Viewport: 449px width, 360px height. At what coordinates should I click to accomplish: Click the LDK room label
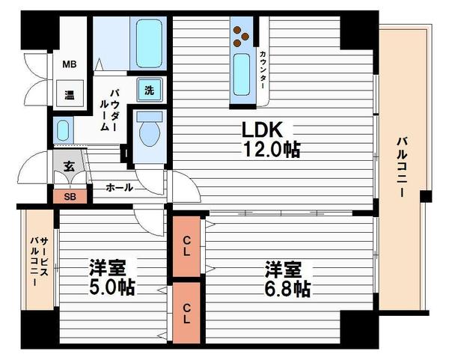[x=263, y=129]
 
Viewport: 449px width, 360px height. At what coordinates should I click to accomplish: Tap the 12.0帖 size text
[x=272, y=150]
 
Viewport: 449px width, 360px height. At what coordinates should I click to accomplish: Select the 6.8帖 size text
[x=287, y=289]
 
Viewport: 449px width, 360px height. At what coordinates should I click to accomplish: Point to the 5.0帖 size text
[x=112, y=287]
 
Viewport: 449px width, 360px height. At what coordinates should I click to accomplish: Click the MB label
[x=70, y=64]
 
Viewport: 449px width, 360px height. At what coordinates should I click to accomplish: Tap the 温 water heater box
[x=70, y=94]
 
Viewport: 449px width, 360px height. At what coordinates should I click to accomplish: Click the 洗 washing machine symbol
[x=150, y=90]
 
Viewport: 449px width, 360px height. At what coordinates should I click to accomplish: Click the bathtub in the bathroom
[x=149, y=43]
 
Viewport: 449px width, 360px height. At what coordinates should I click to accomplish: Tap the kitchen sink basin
[x=242, y=74]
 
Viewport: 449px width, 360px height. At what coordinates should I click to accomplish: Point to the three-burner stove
[x=241, y=37]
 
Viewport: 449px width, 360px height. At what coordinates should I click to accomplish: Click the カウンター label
[x=263, y=70]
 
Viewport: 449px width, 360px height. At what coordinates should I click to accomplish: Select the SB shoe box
[x=70, y=197]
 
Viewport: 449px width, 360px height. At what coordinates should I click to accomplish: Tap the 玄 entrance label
[x=69, y=167]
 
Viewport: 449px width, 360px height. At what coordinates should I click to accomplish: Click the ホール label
[x=120, y=188]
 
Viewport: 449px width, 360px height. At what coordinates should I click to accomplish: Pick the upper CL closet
[x=186, y=246]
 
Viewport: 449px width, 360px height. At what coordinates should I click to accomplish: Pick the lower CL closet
[x=186, y=313]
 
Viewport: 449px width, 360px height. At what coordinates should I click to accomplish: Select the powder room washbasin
[x=63, y=130]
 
